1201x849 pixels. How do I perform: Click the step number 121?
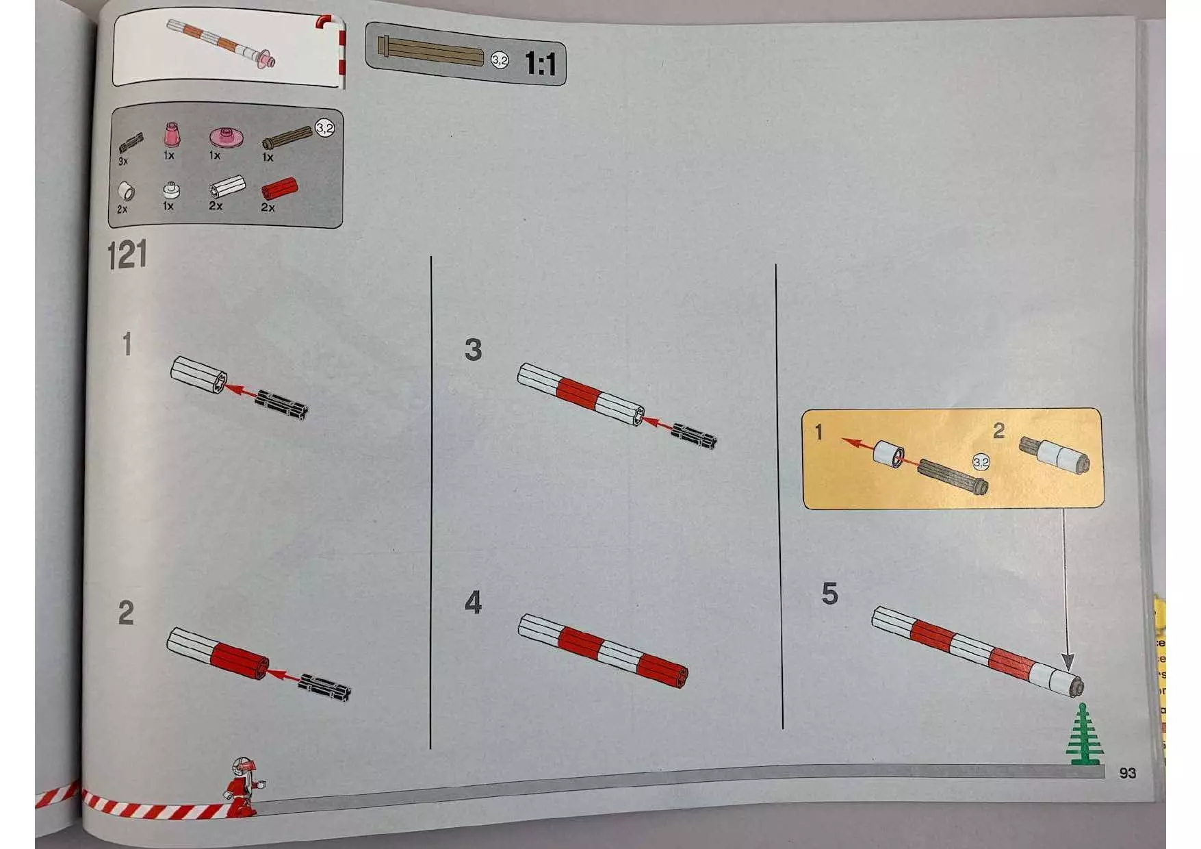(127, 255)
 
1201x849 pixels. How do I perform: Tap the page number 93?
(1127, 773)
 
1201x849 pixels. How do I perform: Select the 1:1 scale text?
(541, 64)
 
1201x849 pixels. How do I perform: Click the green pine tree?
(1083, 733)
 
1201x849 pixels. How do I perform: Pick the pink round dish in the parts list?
(223, 137)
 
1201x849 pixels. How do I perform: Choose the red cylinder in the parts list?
(279, 189)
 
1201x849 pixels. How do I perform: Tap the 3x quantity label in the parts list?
(123, 161)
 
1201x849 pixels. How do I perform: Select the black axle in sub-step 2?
(325, 687)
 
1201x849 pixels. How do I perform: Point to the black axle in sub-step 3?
(694, 435)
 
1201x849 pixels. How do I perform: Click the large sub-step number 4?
(473, 603)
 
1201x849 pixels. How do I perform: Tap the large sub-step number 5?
(829, 594)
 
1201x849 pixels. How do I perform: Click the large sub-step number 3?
(473, 349)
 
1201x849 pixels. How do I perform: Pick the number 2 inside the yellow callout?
(999, 430)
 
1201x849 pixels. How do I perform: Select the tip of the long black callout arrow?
(1068, 670)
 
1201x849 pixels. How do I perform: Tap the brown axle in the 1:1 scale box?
(430, 52)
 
